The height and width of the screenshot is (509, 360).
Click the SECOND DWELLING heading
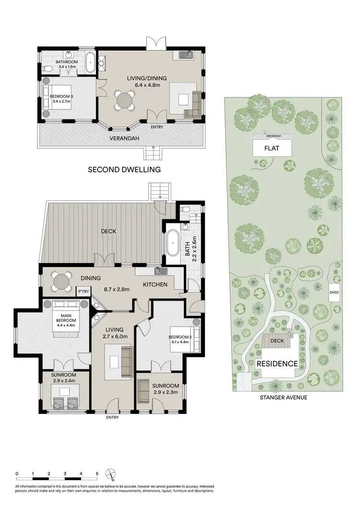(x=123, y=170)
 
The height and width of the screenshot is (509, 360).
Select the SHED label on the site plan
(x=334, y=292)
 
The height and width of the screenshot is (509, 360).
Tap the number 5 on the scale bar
(x=97, y=473)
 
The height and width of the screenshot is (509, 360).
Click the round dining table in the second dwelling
(x=124, y=101)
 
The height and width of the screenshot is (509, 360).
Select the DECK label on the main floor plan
(x=108, y=231)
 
